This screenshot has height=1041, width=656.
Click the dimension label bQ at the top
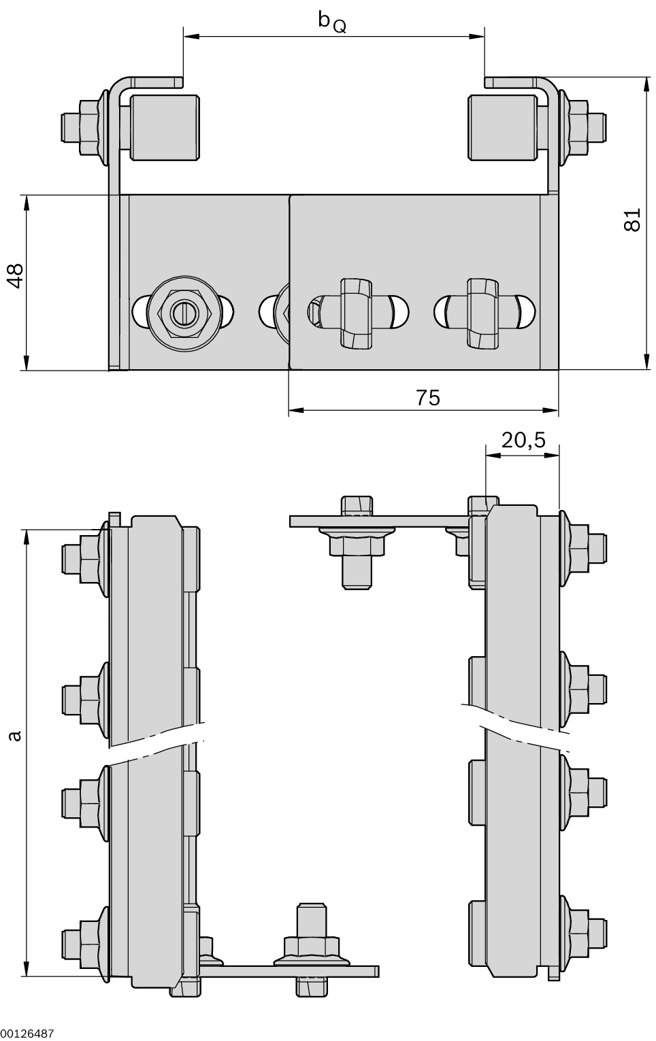pyautogui.click(x=331, y=22)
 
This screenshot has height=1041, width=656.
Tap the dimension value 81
pyautogui.click(x=632, y=220)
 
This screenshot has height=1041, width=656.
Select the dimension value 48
pyautogui.click(x=15, y=276)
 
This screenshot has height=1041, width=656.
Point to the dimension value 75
pyautogui.click(x=428, y=398)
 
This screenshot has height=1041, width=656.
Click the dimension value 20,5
pyautogui.click(x=523, y=441)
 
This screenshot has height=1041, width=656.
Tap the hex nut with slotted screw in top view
pyautogui.click(x=184, y=313)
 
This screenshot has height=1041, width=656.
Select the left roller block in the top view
pyautogui.click(x=163, y=128)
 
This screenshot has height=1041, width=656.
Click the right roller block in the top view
pyautogui.click(x=502, y=128)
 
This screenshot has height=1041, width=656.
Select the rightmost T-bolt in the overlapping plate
pyautogui.click(x=481, y=312)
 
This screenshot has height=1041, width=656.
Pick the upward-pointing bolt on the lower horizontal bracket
pyautogui.click(x=311, y=938)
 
